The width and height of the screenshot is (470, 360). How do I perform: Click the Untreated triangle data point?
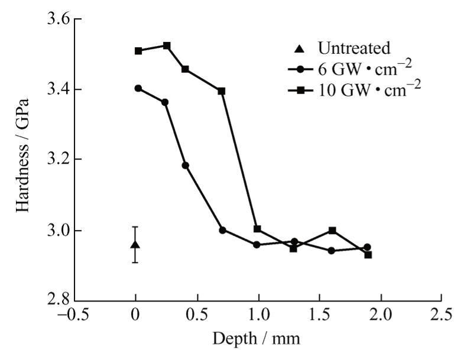coord(135,245)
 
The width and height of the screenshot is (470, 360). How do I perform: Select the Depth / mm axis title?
coord(258,339)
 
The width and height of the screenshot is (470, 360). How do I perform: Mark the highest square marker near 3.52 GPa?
coord(167,46)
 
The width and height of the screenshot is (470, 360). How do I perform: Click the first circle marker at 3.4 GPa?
coord(138,88)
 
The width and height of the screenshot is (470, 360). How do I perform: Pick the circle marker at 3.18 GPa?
coord(185,166)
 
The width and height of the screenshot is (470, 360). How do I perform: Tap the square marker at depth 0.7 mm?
coord(222,91)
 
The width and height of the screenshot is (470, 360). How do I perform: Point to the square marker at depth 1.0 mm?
coord(257,229)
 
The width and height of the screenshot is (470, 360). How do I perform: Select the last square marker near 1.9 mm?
coord(368,255)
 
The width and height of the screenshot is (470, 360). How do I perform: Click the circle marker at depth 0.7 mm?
coord(222,230)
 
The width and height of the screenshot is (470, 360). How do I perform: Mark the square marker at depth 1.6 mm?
coord(332,231)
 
